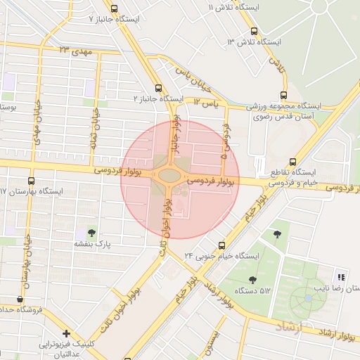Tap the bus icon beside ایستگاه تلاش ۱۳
click(x=254, y=31)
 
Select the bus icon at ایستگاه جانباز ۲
click(x=158, y=89)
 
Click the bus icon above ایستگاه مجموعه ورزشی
click(x=284, y=94)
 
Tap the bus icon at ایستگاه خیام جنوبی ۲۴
click(x=221, y=245)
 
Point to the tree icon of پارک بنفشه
click(x=91, y=232)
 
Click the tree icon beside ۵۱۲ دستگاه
click(x=252, y=280)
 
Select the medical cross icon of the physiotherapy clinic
click(x=65, y=333)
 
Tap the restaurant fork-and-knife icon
click(x=342, y=277)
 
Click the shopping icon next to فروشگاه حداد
click(x=20, y=299)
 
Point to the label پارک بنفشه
click(x=94, y=244)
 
